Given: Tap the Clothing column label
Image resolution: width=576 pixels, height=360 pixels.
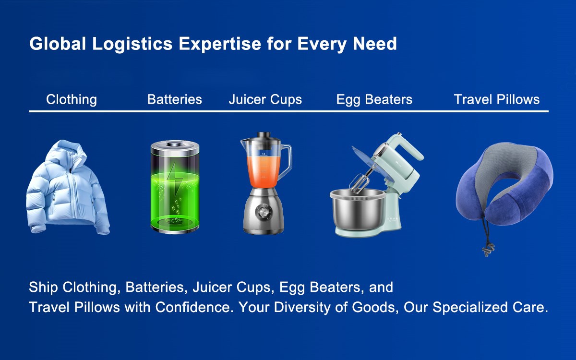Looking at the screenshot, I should [72, 100].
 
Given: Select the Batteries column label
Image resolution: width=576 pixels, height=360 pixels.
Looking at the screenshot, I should [175, 100].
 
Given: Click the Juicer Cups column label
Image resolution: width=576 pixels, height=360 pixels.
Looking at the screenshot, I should [265, 100].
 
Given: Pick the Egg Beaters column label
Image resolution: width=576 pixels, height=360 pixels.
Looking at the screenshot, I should [374, 100].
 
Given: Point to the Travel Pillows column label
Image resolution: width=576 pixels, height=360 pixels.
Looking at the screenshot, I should [497, 100].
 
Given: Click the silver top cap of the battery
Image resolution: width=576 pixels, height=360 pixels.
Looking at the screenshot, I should [175, 144].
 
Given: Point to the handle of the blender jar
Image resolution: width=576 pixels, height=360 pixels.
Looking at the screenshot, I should [287, 161].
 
